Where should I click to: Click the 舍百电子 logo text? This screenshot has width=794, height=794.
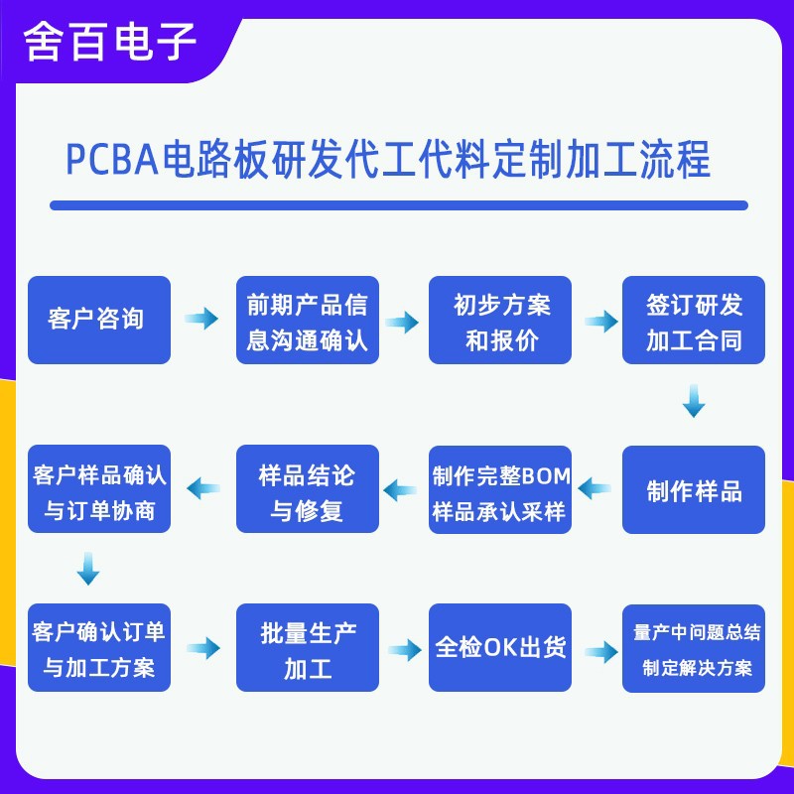pyautogui.click(x=111, y=42)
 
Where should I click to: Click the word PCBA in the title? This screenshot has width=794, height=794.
pyautogui.click(x=112, y=159)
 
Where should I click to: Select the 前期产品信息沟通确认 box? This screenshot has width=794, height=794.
pyautogui.click(x=308, y=320)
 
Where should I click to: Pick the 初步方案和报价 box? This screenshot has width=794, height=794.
pyautogui.click(x=500, y=320)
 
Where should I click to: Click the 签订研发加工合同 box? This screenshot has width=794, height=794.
pyautogui.click(x=694, y=320)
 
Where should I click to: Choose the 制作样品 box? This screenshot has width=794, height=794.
pyautogui.click(x=694, y=489)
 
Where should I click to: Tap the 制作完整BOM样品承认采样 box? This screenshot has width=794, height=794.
pyautogui.click(x=500, y=489)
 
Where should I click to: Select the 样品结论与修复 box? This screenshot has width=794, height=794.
pyautogui.click(x=308, y=489)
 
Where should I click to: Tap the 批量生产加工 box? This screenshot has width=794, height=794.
pyautogui.click(x=308, y=647)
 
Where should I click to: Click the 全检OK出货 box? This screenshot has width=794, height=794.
pyautogui.click(x=500, y=647)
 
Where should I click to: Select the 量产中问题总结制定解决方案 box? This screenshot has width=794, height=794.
pyautogui.click(x=694, y=647)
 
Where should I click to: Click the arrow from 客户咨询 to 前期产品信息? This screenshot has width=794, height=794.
pyautogui.click(x=202, y=319)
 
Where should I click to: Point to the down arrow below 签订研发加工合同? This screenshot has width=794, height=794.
pyautogui.click(x=694, y=401)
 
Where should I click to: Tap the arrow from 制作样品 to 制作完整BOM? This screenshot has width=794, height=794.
pyautogui.click(x=595, y=488)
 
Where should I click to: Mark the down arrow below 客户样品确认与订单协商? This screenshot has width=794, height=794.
pyautogui.click(x=88, y=569)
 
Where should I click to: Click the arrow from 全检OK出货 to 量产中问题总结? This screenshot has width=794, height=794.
pyautogui.click(x=599, y=651)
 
